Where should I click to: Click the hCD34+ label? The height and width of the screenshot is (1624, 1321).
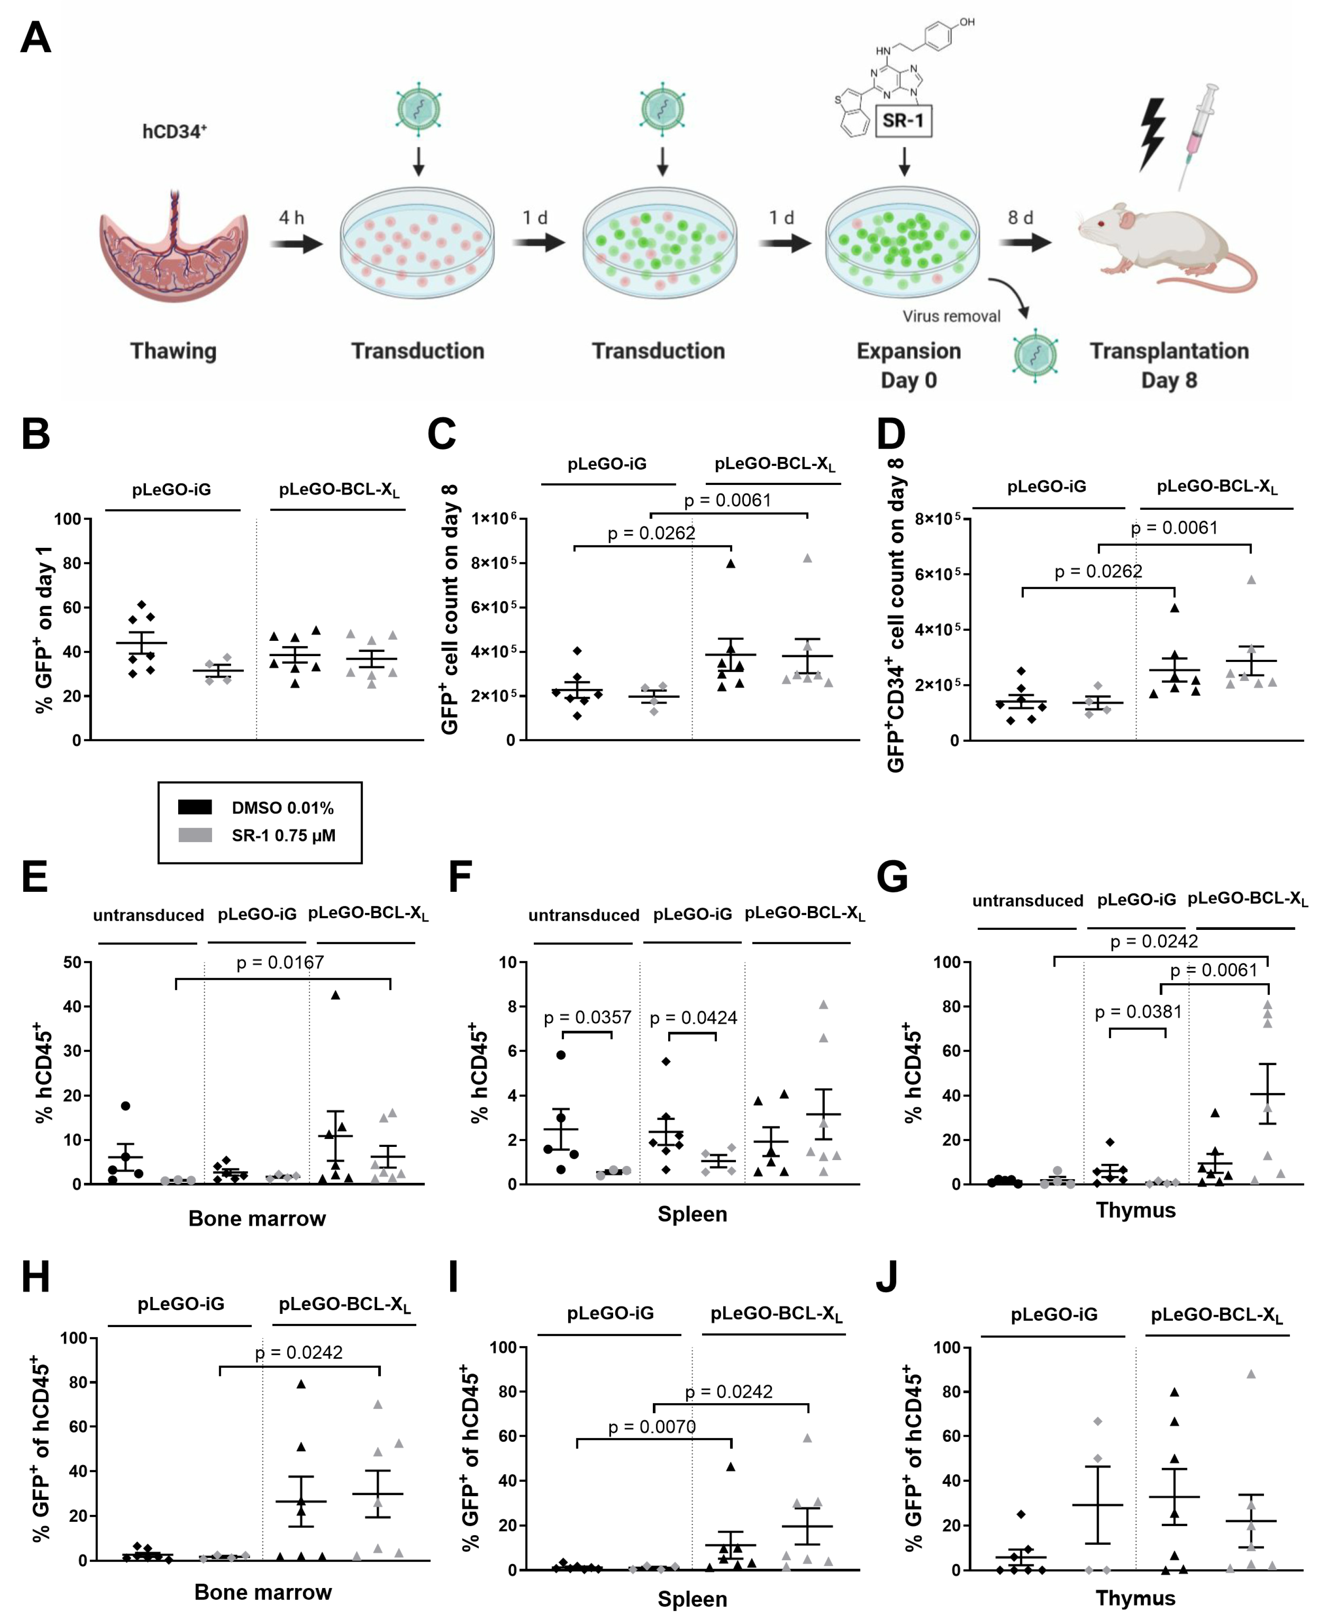(174, 131)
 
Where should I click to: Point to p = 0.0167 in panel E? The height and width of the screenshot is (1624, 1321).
(280, 962)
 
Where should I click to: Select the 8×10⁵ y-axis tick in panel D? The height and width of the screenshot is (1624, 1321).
(937, 519)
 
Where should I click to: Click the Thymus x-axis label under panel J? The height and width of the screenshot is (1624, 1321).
(1135, 1598)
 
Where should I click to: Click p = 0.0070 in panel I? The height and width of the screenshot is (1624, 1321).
(652, 1427)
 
